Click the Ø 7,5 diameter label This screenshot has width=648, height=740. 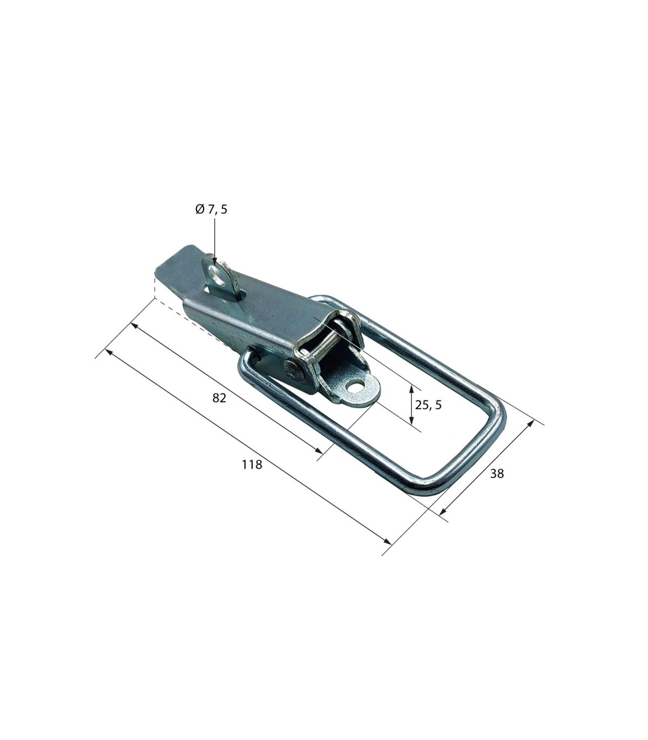211,209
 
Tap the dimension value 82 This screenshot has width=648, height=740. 219,398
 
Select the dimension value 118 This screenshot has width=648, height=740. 252,464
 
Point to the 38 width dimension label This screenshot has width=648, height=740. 497,473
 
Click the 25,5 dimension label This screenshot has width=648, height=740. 428,405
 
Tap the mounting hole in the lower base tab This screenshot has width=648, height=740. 353,388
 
